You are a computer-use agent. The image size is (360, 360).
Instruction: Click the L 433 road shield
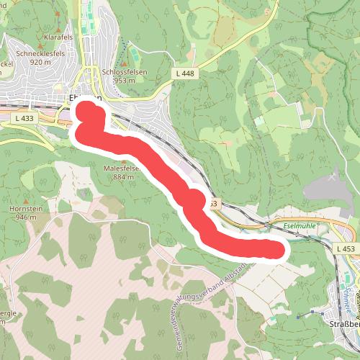pos(24,117)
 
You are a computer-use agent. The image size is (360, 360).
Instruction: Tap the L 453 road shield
pos(346,248)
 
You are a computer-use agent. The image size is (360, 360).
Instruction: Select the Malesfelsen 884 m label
pos(128,172)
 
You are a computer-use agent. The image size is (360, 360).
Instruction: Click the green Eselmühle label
pos(301,225)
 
